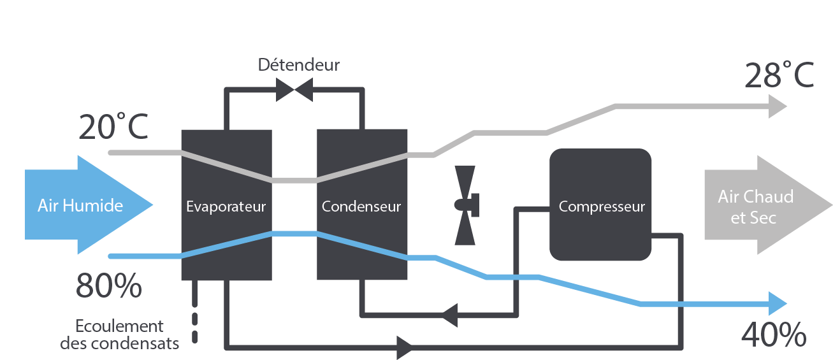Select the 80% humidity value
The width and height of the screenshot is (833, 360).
108,286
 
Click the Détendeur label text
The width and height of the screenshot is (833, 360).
298,65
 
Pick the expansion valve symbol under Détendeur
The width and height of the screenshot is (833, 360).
294,90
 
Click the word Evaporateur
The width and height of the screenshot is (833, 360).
226,206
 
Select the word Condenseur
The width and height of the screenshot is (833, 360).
361,206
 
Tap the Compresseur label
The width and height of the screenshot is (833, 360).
602,206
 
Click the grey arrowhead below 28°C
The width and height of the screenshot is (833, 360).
778,106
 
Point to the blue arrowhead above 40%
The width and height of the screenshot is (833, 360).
778,303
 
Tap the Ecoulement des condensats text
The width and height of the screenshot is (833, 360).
119,335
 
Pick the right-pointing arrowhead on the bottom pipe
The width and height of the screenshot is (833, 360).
404,347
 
